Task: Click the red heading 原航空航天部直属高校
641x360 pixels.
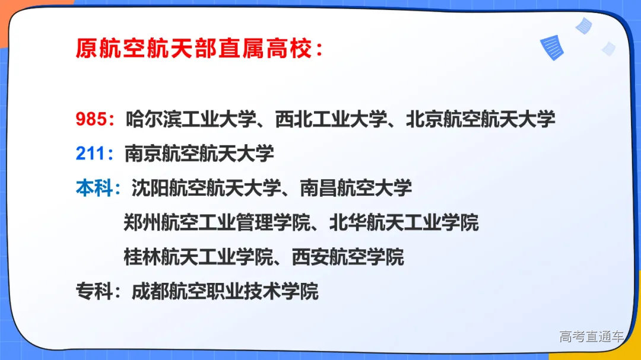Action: (199, 49)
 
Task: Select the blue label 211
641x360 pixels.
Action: (90, 154)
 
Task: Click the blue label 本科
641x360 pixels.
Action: (94, 188)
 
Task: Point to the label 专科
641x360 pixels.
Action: (94, 291)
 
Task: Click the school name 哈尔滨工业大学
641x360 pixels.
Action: (192, 119)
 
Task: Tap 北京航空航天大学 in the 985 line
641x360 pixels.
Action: (480, 119)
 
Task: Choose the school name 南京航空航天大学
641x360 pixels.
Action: (199, 154)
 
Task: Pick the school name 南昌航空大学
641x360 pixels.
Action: (356, 188)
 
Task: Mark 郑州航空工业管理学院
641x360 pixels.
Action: (217, 223)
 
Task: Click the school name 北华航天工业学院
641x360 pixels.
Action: (404, 223)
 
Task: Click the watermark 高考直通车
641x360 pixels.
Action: (591, 337)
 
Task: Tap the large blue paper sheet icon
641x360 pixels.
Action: (551, 48)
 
